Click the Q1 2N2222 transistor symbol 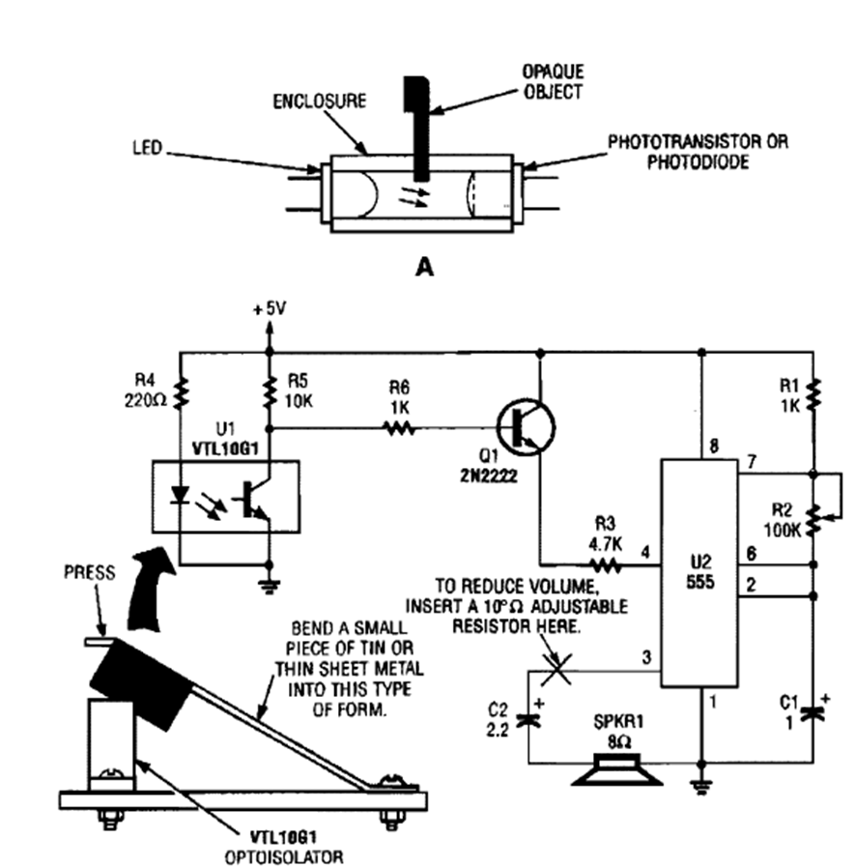[526, 426]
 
